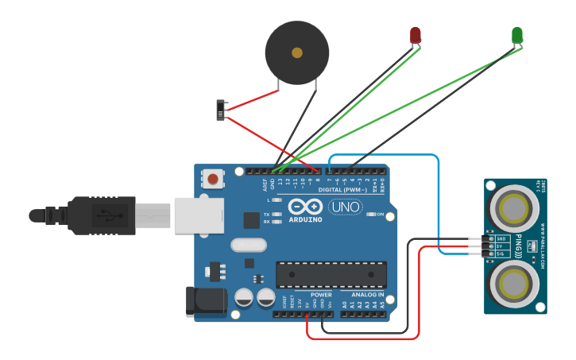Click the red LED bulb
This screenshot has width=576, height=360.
[x=415, y=35]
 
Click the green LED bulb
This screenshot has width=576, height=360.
[x=517, y=35]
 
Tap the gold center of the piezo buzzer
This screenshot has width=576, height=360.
[x=297, y=53]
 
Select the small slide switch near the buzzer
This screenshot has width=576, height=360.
[x=222, y=110]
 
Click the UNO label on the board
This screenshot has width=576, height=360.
[x=346, y=207]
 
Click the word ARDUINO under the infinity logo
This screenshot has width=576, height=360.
[x=306, y=219]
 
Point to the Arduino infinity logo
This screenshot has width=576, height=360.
[x=306, y=207]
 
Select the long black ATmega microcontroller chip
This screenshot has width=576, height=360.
[x=331, y=274]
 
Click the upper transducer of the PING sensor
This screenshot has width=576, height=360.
[x=514, y=209]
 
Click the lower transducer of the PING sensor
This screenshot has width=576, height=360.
[x=514, y=285]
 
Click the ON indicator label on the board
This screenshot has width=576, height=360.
[x=381, y=215]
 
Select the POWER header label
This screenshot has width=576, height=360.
[x=321, y=294]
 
